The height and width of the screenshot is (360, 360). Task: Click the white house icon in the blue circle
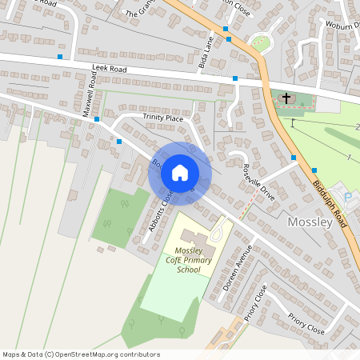(x=180, y=172)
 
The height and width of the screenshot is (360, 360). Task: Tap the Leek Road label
(x=110, y=70)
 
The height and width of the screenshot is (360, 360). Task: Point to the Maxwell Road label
(x=90, y=94)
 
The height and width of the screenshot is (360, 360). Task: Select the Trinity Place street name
(x=163, y=118)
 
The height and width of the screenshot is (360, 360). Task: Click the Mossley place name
(x=308, y=222)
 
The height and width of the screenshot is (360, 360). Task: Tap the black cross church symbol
(x=286, y=97)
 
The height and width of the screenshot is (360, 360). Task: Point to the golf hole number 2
(x=357, y=127)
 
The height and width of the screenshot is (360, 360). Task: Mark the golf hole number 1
(x=350, y=158)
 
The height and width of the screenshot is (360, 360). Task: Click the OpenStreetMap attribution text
(x=81, y=354)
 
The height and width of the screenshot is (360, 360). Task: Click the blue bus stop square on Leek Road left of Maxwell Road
(x=60, y=57)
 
